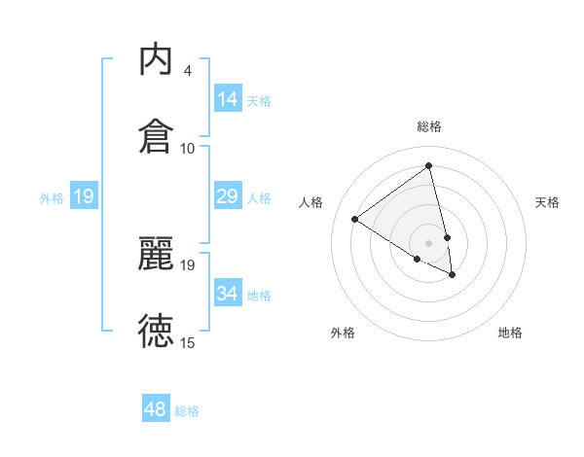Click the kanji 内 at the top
(x=157, y=60)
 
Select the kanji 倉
(x=157, y=135)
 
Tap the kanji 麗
(x=157, y=255)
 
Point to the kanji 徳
(x=157, y=331)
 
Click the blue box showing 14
(x=228, y=98)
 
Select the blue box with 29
(x=228, y=196)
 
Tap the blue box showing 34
(x=228, y=293)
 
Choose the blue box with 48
(x=156, y=409)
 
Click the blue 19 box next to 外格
(x=84, y=196)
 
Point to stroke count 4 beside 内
(x=188, y=71)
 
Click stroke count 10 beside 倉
(x=188, y=148)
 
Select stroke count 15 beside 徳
(x=188, y=342)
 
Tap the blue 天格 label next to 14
(x=259, y=100)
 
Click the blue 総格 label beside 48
(x=187, y=411)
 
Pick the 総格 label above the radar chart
(x=429, y=126)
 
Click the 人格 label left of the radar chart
(x=311, y=202)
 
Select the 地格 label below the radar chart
(x=510, y=333)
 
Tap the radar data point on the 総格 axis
(x=429, y=166)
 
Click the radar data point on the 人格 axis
(x=355, y=219)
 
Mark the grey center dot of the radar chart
(x=429, y=242)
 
